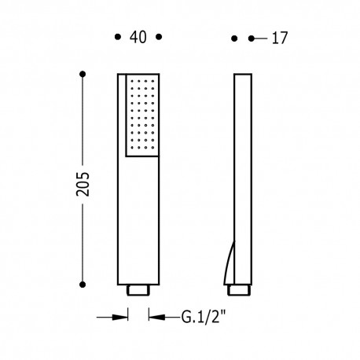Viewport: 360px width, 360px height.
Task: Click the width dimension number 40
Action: tap(138, 36)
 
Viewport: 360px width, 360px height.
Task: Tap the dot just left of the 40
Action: tap(118, 36)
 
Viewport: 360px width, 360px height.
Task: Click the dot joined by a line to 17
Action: tap(252, 37)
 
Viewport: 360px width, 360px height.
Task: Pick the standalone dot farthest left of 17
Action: tap(234, 37)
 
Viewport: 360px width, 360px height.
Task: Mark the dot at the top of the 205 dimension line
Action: tap(83, 75)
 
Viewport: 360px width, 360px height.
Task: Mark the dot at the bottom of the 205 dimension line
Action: tap(83, 281)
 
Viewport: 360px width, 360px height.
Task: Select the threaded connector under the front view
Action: tap(138, 289)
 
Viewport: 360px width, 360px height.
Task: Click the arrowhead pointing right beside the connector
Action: tap(123, 318)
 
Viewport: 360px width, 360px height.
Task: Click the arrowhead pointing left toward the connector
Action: tap(153, 318)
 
